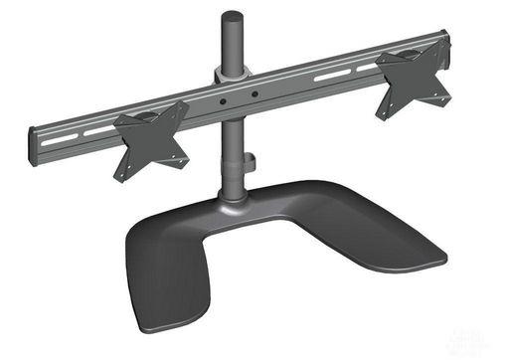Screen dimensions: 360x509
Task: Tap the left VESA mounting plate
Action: (151, 140)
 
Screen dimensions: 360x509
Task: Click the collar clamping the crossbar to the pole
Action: (230, 78)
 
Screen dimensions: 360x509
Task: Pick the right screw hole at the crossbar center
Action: (255, 95)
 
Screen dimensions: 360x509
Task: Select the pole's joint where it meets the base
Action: (235, 200)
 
